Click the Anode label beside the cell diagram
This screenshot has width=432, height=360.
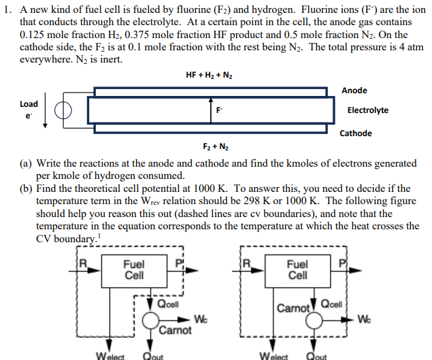(354, 90)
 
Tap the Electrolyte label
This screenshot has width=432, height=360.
(367, 110)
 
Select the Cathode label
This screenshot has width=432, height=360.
(356, 133)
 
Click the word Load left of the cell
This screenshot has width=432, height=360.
(29, 104)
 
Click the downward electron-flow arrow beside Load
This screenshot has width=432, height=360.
(46, 111)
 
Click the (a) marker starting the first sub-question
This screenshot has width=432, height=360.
(26, 163)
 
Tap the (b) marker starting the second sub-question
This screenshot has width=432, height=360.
(26, 188)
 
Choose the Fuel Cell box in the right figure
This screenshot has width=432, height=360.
(297, 270)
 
